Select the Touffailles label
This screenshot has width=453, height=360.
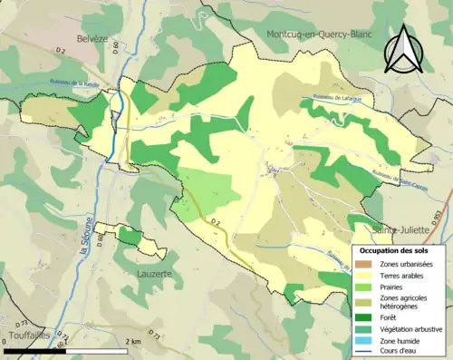(x=25, y=335)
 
